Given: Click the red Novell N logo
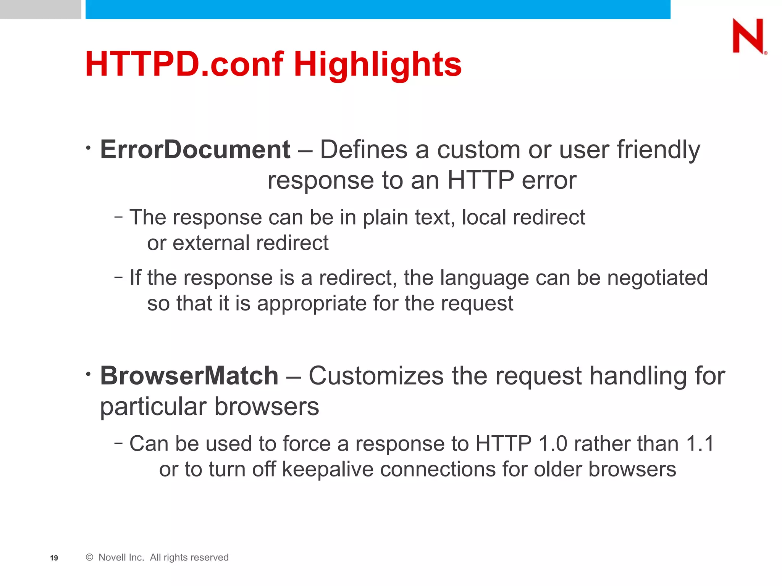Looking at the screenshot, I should (748, 36).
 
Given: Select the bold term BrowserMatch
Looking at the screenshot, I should (189, 376).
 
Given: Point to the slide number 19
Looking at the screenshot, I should (54, 558).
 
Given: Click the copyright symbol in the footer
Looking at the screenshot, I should (90, 557).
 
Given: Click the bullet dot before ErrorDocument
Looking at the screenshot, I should (88, 147).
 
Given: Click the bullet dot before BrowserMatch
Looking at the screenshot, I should (88, 374).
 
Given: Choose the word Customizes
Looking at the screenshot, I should (376, 376).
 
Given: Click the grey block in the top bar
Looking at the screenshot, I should (40, 9).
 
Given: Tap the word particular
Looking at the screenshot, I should (153, 407).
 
